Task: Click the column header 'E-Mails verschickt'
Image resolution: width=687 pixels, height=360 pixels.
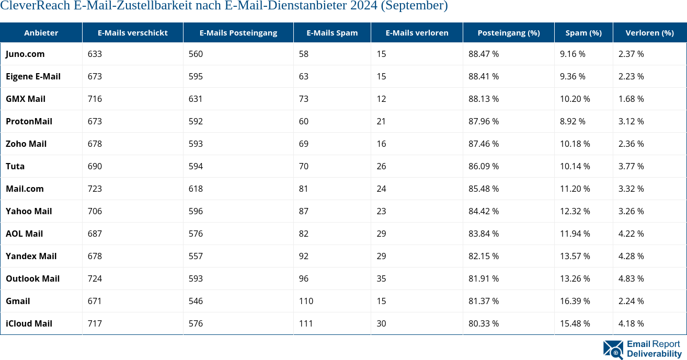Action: tap(132, 32)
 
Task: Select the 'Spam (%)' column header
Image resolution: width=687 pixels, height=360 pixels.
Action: tap(583, 32)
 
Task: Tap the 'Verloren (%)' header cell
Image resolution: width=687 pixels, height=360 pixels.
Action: tap(649, 32)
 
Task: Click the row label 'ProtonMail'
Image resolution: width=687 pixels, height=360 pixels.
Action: tap(29, 121)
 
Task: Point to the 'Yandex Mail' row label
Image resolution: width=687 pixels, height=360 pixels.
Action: tap(31, 256)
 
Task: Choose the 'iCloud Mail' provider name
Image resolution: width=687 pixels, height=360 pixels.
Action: tap(29, 323)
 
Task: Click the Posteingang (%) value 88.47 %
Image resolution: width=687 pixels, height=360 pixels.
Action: tap(483, 54)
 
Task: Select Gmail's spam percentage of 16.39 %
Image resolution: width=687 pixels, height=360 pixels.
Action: tap(575, 301)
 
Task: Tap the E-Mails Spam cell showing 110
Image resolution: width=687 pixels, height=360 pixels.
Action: tap(306, 301)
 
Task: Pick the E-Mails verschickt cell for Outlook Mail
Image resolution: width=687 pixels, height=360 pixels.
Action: tap(95, 278)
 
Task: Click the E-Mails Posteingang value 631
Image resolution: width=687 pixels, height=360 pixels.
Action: tap(196, 99)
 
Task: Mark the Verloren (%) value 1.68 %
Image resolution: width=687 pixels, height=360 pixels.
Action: tap(631, 99)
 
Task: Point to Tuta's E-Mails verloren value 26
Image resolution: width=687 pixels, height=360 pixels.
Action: tap(381, 166)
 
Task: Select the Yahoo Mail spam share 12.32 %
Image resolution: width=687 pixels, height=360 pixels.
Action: tap(575, 211)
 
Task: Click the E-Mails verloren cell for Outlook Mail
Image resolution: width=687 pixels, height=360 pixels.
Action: tap(381, 278)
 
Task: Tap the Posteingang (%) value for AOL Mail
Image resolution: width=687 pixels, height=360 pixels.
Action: tap(483, 234)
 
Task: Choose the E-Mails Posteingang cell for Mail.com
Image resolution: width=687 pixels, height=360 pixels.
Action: tap(196, 189)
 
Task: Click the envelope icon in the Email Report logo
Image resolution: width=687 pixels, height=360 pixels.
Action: tap(613, 350)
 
